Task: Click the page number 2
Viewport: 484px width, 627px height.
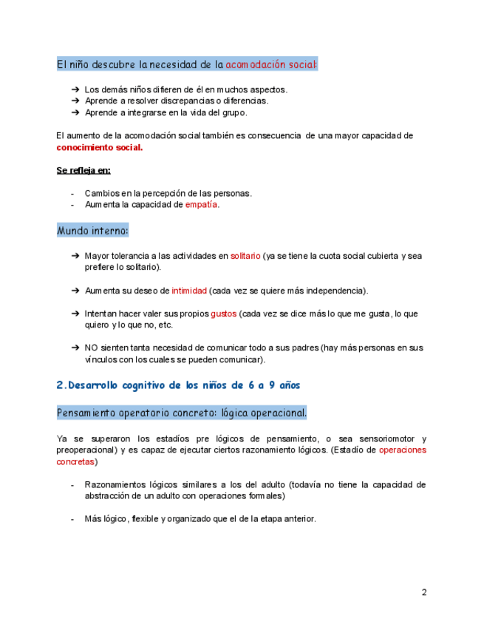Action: pyautogui.click(x=424, y=592)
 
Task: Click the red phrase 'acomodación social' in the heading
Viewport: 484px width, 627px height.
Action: pyautogui.click(x=270, y=64)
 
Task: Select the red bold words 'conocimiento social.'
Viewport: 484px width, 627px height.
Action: pyautogui.click(x=100, y=147)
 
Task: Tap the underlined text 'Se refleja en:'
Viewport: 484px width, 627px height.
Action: pyautogui.click(x=83, y=170)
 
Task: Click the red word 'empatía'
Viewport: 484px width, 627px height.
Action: pyautogui.click(x=202, y=205)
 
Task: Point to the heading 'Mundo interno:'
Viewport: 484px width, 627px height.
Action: pyautogui.click(x=92, y=231)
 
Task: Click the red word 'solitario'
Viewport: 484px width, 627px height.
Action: pyautogui.click(x=245, y=256)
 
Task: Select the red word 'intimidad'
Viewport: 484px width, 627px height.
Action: pyautogui.click(x=189, y=291)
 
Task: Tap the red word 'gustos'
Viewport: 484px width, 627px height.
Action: pyautogui.click(x=223, y=313)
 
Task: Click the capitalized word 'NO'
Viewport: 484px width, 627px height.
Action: pyautogui.click(x=91, y=348)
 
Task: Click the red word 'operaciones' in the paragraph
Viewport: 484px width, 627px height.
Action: pyautogui.click(x=402, y=450)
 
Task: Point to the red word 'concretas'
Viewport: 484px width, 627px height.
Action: pyautogui.click(x=75, y=461)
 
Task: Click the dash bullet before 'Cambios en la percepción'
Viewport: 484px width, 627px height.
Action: pyautogui.click(x=72, y=194)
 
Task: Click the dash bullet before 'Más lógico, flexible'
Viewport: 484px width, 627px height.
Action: pyautogui.click(x=72, y=519)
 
